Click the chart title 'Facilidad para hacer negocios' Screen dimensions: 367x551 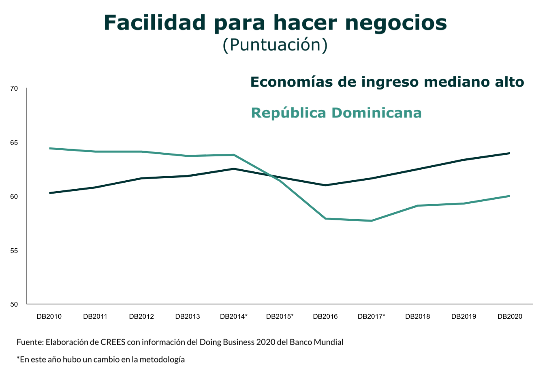pos(275,23)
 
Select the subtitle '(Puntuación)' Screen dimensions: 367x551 pos(275,45)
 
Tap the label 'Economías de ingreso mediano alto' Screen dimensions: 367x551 pos(387,82)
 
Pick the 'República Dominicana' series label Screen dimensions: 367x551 pos(336,113)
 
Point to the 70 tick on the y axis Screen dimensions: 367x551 pos(14,88)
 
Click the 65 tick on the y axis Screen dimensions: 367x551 pos(14,143)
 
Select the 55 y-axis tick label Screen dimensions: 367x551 pos(14,251)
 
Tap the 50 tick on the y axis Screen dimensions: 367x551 pos(14,304)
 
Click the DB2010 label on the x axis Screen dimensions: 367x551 pos(49,316)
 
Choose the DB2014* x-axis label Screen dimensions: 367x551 pos(234,316)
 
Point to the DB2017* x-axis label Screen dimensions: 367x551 pos(372,316)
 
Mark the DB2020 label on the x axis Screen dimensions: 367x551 pos(510,316)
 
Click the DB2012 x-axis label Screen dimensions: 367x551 pos(141,316)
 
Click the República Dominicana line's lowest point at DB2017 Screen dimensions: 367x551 pos(372,221)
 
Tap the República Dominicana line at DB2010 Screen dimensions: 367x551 pos(49,148)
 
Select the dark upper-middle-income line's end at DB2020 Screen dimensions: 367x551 pos(509,153)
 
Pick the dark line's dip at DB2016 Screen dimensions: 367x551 pos(326,185)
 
